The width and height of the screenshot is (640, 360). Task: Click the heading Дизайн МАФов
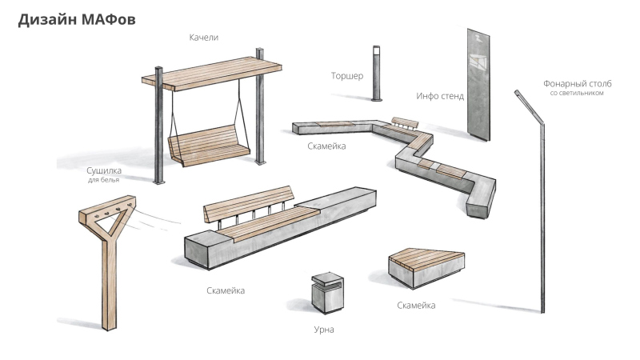77,20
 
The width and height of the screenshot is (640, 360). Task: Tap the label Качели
204,38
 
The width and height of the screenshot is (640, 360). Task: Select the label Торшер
347,77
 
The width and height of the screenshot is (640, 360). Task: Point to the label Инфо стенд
439,96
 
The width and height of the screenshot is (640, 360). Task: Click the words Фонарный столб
577,82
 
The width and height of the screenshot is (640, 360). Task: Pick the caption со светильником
576,93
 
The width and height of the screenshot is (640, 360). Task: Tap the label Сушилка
103,170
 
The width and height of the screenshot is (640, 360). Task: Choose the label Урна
324,329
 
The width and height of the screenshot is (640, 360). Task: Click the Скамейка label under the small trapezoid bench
416,306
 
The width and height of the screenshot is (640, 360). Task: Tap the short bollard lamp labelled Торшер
376,74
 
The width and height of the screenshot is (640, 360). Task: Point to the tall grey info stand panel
478,84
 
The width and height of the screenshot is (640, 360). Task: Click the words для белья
103,180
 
